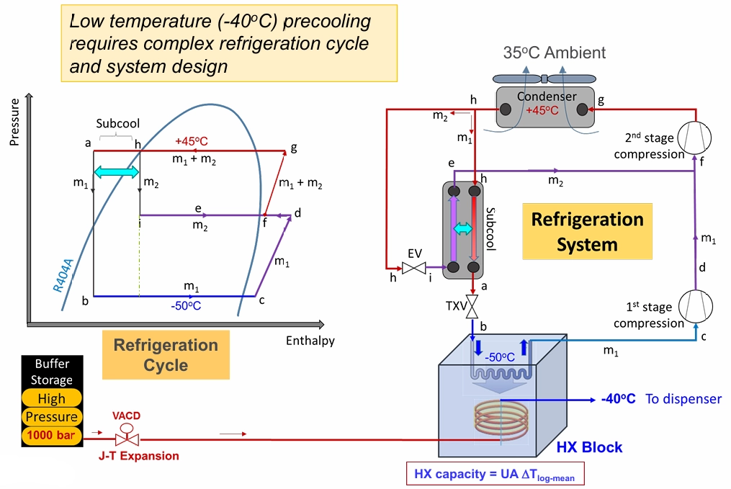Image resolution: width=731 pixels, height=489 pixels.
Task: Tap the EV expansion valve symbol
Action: click(x=413, y=268)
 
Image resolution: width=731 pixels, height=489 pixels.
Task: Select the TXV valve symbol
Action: click(x=473, y=308)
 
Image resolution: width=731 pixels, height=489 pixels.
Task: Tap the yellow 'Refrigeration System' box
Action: click(x=587, y=231)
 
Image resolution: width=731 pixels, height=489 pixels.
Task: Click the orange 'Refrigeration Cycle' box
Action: click(x=166, y=354)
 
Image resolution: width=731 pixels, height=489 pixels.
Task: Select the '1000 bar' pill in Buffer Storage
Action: click(x=51, y=435)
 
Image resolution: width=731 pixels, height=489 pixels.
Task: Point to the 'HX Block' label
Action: click(x=589, y=447)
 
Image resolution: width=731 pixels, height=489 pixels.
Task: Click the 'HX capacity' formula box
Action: click(x=495, y=475)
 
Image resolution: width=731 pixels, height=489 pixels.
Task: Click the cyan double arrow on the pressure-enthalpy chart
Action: click(x=116, y=172)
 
